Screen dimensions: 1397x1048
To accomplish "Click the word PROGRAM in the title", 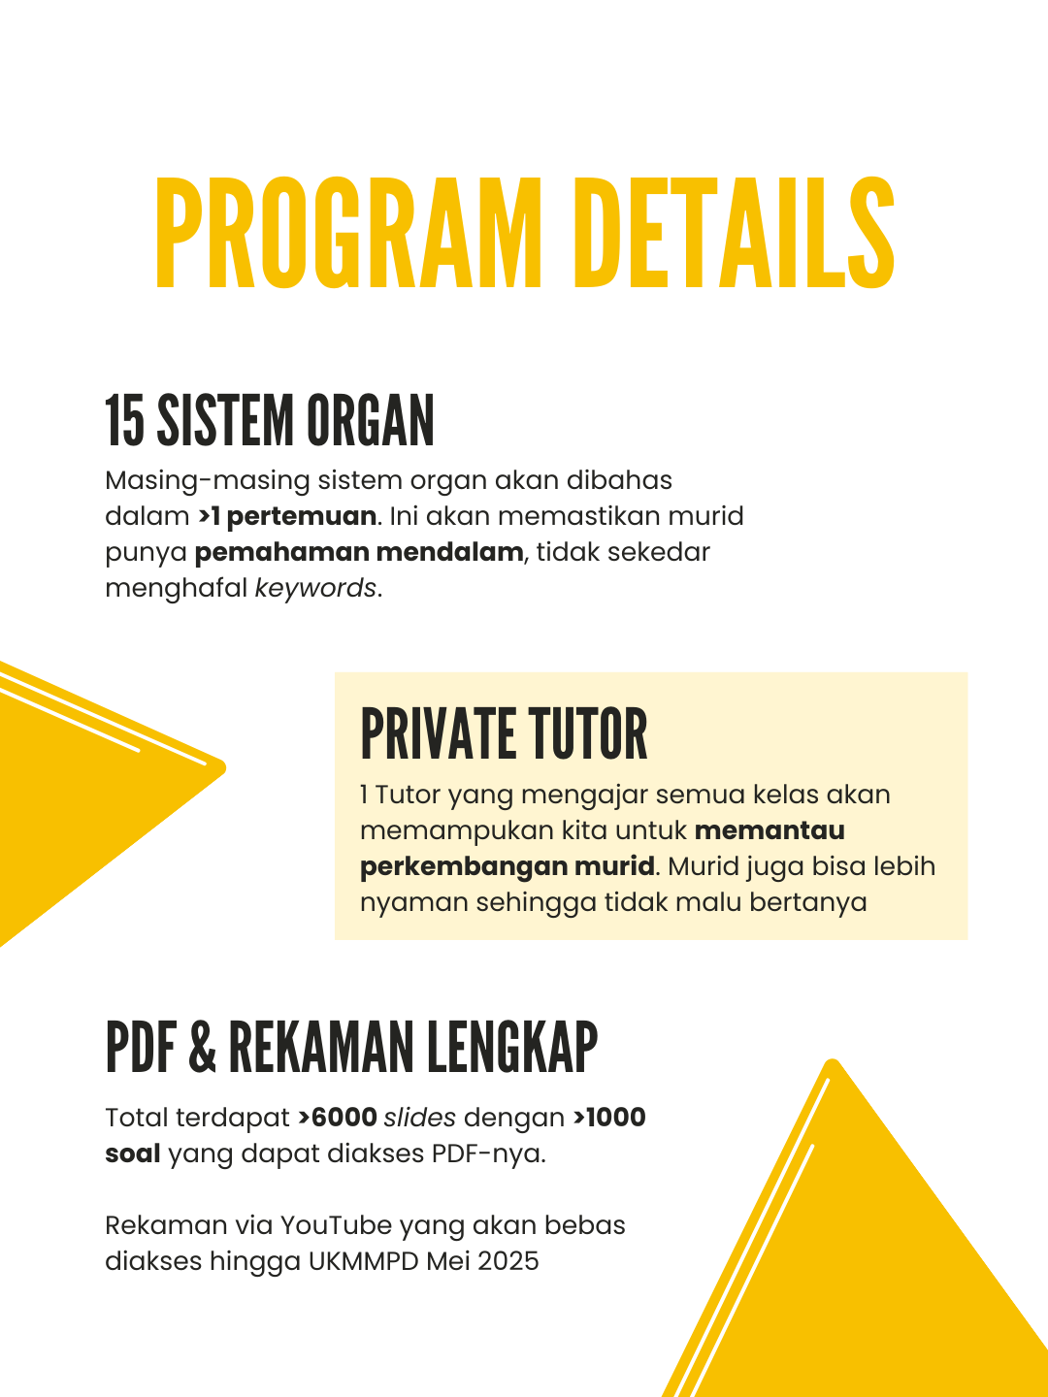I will click(346, 235).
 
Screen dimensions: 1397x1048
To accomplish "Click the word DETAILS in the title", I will click(735, 235).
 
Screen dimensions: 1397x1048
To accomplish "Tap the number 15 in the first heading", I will click(124, 422).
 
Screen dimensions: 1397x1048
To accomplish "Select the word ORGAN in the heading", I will click(371, 422).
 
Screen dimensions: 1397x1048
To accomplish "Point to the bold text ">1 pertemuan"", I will click(287, 516).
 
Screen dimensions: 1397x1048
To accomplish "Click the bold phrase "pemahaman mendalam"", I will click(359, 552).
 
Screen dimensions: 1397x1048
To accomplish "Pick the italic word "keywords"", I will click(315, 588).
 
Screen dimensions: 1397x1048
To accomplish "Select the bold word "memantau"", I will click(770, 830).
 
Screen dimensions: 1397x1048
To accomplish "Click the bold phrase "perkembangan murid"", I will click(508, 866).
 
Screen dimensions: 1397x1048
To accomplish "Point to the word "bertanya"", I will click(814, 902).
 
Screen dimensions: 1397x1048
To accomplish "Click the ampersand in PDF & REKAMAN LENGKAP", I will click(202, 1048).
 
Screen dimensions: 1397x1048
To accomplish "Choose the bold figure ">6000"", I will click(338, 1118).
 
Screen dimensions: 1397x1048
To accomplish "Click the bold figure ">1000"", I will click(609, 1118).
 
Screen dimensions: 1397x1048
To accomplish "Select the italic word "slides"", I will click(419, 1118).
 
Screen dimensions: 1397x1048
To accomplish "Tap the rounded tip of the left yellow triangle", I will click(221, 768).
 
